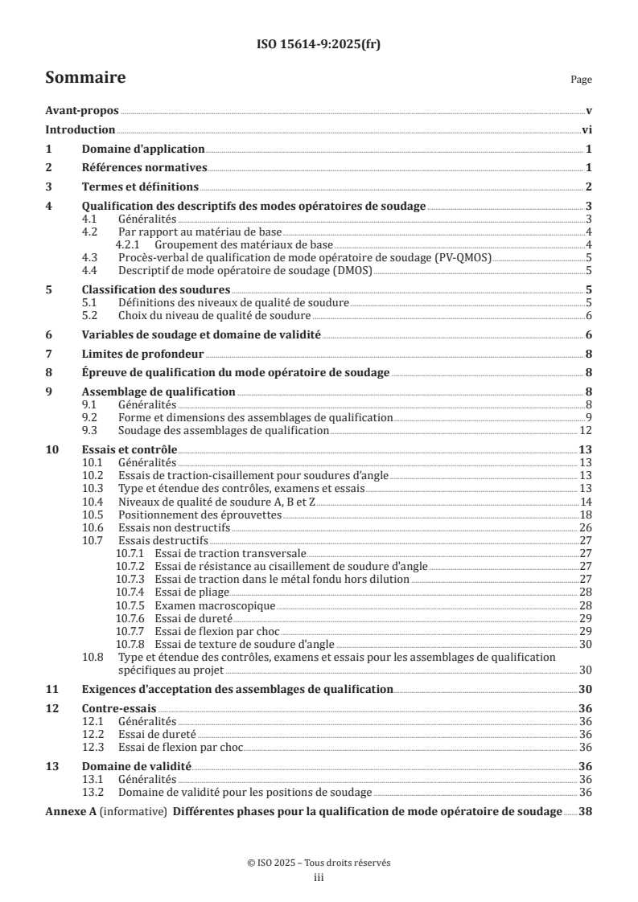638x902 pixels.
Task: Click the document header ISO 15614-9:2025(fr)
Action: (319, 45)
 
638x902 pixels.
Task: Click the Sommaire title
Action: (84, 78)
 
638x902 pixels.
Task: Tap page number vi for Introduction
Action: (587, 129)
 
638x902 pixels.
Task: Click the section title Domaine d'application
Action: (143, 149)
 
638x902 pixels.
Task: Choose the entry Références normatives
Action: (145, 168)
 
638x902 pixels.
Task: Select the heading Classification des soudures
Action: (156, 289)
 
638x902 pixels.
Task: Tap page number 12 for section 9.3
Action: (587, 430)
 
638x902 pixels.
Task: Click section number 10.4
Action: (94, 501)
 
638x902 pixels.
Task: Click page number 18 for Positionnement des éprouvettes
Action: (587, 514)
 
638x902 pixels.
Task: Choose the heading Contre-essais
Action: (120, 708)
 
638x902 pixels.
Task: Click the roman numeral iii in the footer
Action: (319, 878)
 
